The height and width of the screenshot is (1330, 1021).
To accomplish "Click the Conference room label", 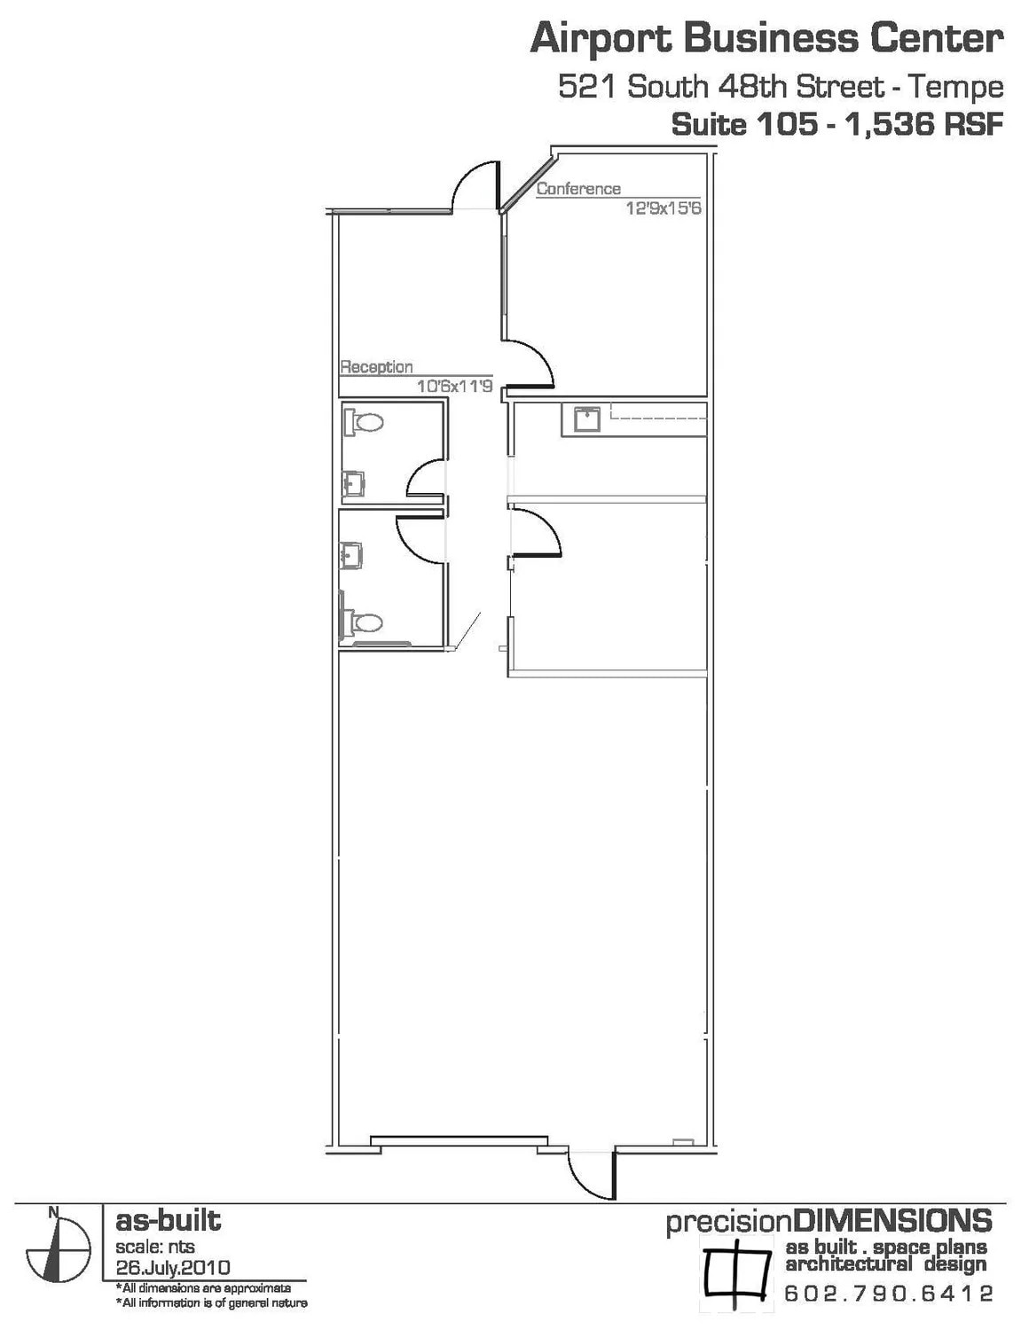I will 578,189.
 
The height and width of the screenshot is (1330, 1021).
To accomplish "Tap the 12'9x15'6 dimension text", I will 664,209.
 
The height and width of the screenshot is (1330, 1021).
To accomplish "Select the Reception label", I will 376,367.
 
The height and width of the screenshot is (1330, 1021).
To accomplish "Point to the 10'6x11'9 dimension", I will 454,387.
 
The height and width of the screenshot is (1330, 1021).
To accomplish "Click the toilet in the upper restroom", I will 365,421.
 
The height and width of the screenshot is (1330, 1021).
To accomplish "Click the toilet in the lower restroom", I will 363,622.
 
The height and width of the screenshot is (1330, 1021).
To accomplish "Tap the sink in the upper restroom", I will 354,484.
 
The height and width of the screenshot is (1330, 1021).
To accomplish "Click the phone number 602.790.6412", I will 888,1294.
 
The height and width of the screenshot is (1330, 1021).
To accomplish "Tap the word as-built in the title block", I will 168,1221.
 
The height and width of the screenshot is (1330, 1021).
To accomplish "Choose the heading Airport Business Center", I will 766,39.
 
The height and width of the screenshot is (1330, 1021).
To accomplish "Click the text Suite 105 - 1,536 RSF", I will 836,124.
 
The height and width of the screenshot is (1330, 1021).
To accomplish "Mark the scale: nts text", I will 155,1247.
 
